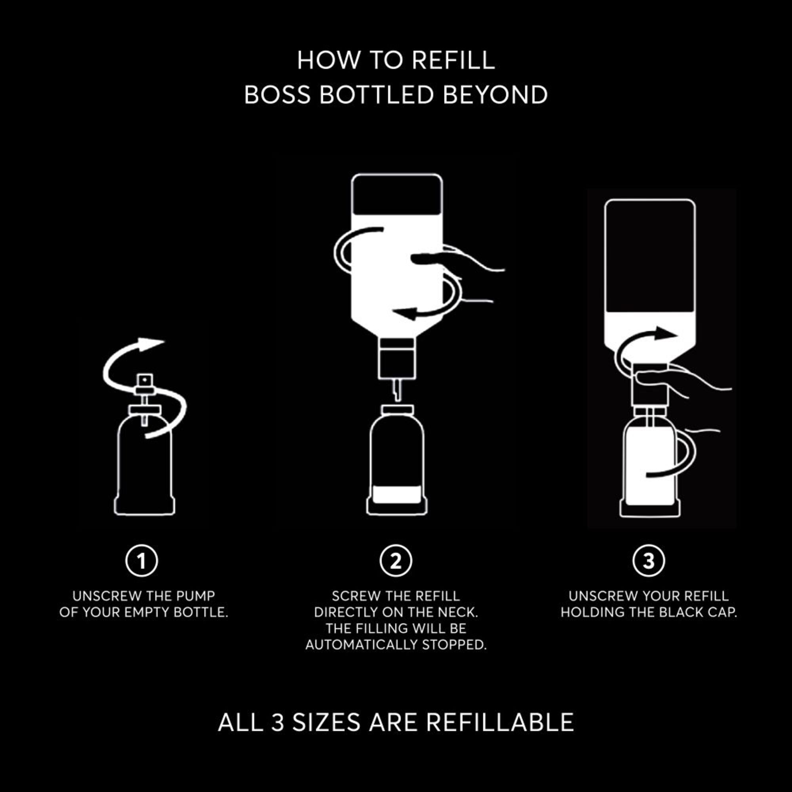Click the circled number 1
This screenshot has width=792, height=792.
click(x=141, y=560)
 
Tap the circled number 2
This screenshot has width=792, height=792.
click(x=396, y=560)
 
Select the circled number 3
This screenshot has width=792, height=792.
click(x=649, y=560)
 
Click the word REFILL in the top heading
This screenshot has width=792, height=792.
click(x=453, y=60)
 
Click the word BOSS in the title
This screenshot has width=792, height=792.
click(x=277, y=95)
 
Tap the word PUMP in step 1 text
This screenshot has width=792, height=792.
click(x=196, y=596)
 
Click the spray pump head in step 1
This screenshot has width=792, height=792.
click(x=145, y=381)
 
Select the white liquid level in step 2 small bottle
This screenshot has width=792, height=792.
click(x=396, y=493)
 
